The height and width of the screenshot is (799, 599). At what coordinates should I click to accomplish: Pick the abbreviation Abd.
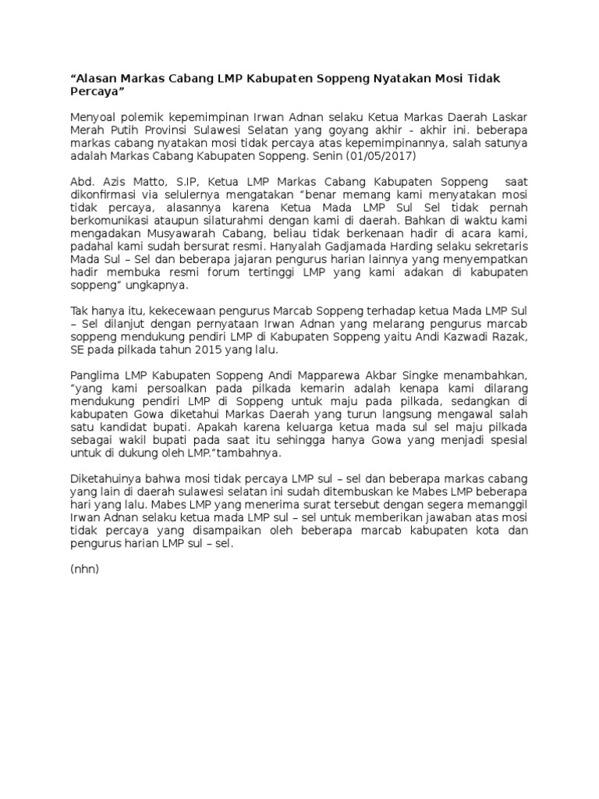point(83,181)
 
